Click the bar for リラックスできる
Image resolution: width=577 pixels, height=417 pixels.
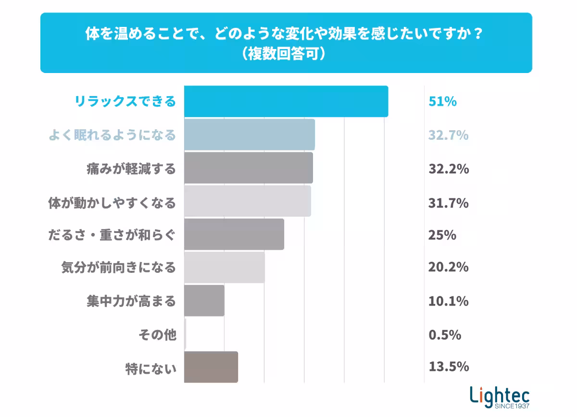[x=286, y=101]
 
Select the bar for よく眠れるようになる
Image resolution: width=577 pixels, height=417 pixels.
[x=249, y=135]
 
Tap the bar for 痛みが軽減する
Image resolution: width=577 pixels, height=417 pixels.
[x=248, y=168]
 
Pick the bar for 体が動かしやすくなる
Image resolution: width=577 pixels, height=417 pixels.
[x=247, y=201]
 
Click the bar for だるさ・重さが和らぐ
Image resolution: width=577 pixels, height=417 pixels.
[x=234, y=234]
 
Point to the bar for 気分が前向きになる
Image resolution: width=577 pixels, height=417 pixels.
[x=224, y=268]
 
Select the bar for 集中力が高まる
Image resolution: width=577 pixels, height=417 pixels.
[x=204, y=301]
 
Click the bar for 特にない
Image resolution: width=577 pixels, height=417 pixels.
[x=211, y=367]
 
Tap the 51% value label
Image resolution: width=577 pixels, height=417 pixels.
[x=442, y=102]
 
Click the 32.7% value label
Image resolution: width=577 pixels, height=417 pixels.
[x=448, y=135]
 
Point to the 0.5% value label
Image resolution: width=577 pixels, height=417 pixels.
[x=445, y=334]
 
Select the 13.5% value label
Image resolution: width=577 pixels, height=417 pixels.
[x=448, y=367]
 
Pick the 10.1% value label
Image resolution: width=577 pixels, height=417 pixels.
[x=448, y=301]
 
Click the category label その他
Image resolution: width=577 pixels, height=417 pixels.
[x=157, y=335]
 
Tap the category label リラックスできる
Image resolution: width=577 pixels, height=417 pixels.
[x=125, y=102]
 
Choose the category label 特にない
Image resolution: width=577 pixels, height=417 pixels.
[x=151, y=368]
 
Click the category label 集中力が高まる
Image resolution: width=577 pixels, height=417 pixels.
[x=131, y=302]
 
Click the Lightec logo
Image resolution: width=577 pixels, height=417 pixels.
[x=500, y=397]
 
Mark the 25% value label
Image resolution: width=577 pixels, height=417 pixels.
[x=442, y=235]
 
